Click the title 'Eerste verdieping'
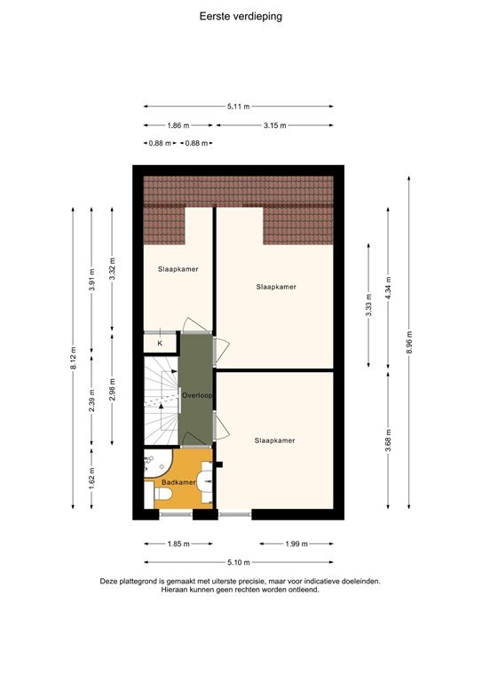[x=241, y=15]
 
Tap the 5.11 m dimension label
[x=238, y=107]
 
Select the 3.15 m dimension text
[x=274, y=126]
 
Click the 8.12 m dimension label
[x=73, y=357]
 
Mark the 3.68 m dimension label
[x=389, y=440]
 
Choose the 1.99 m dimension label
[x=296, y=543]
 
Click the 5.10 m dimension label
[x=238, y=562]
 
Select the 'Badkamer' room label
[x=178, y=482]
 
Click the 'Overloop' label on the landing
[x=195, y=396]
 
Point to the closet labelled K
[x=160, y=343]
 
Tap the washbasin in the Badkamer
[x=206, y=480]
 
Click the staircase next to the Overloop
[x=160, y=400]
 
